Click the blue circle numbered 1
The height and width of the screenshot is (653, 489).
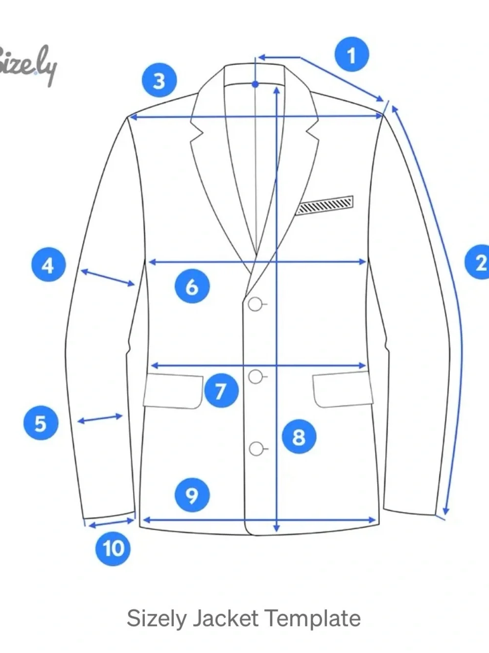pos(351,54)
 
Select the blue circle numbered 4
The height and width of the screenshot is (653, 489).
pos(48,265)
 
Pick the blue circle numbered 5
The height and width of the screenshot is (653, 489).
pos(41,423)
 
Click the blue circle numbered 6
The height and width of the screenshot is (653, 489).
pos(192,286)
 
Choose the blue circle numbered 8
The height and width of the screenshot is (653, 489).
pos(299,437)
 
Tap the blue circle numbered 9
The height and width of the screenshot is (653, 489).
pos(192,495)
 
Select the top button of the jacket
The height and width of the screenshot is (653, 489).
pos(256,304)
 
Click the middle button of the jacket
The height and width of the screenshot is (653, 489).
pos(256,377)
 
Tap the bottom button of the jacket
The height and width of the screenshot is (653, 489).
pos(256,449)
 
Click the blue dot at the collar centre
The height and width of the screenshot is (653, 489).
pos(256,84)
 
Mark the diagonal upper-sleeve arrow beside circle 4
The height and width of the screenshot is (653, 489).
pos(108,277)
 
